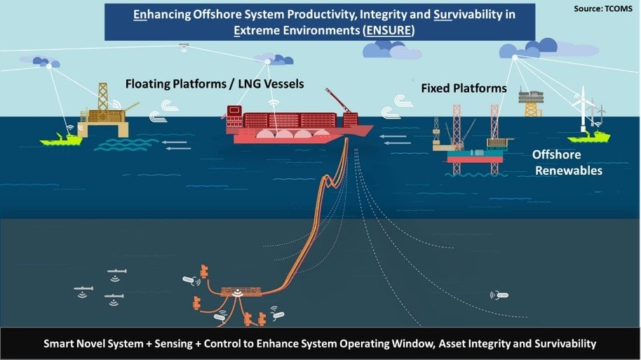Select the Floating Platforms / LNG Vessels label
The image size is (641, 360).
point(214,84)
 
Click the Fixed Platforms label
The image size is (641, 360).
point(464,88)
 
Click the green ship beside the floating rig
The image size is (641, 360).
point(62,139)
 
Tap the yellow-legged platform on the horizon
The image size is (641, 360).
point(531,102)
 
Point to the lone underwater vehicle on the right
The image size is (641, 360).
point(499,295)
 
